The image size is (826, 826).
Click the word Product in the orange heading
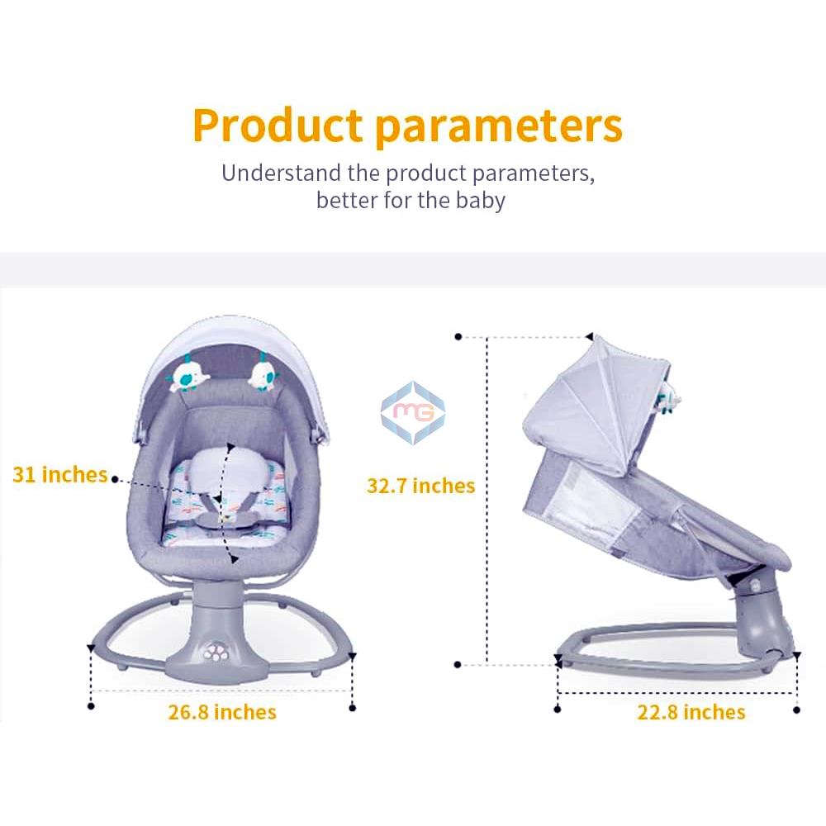click(278, 125)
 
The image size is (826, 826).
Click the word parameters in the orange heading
click(498, 126)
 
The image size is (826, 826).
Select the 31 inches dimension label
click(60, 475)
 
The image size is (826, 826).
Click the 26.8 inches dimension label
click(222, 712)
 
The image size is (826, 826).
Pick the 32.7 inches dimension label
click(420, 486)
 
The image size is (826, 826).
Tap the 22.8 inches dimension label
click(691, 712)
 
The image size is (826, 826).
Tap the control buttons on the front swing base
click(217, 650)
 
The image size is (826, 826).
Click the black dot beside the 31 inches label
click(114, 478)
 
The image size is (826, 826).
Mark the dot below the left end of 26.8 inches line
click(91, 705)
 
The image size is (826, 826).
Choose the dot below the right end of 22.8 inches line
click(796, 709)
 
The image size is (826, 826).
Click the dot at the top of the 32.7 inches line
click(458, 337)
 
